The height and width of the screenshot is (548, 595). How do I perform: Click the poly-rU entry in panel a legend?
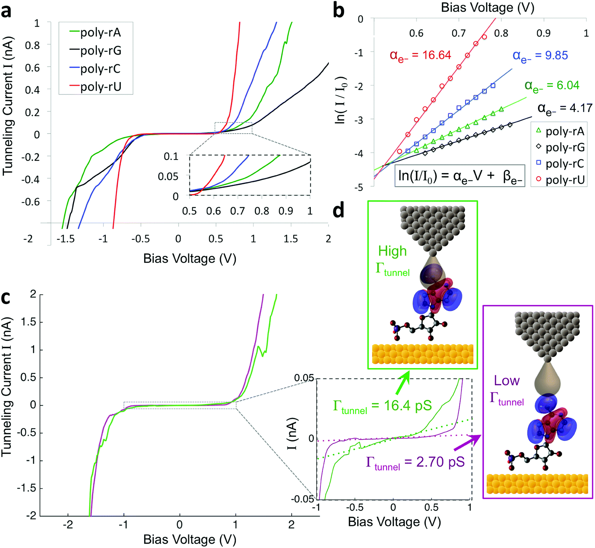(100, 87)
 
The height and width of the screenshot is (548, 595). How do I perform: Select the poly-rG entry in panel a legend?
(100, 51)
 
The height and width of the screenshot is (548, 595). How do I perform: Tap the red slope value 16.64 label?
(420, 55)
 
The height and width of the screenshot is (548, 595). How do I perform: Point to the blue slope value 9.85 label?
(540, 56)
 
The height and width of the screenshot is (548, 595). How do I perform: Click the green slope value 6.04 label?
(552, 86)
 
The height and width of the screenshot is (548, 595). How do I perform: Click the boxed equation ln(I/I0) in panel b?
(460, 176)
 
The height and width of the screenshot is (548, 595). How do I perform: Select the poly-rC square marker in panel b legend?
(538, 163)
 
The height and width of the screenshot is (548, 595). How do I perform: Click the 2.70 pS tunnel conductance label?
(415, 462)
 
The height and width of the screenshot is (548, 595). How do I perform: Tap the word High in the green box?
(392, 251)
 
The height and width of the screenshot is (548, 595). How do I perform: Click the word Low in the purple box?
(507, 381)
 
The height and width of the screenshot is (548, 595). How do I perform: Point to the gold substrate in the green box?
(423, 354)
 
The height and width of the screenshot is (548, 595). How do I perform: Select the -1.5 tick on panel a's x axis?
(65, 239)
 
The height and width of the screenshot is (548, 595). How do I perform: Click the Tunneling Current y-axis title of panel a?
(8, 106)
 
